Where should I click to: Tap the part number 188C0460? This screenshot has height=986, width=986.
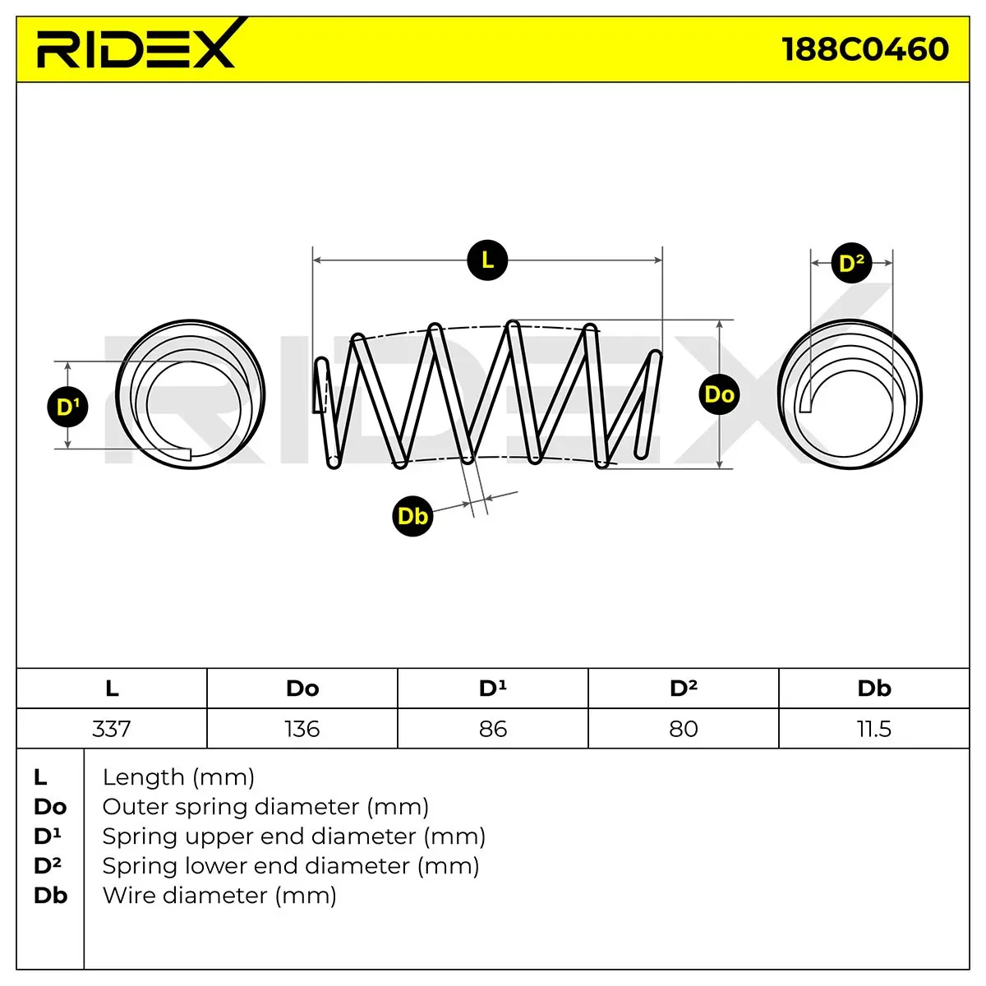click(x=865, y=49)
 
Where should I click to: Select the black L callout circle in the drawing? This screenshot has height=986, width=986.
click(x=487, y=260)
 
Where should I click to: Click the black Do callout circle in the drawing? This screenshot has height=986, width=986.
click(x=719, y=394)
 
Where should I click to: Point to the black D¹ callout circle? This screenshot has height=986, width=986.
click(x=67, y=407)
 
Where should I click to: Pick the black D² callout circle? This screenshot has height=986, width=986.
click(x=851, y=263)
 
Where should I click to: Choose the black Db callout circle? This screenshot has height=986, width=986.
click(x=412, y=516)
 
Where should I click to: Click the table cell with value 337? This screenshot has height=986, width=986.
click(x=112, y=729)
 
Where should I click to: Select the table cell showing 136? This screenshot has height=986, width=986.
click(x=302, y=729)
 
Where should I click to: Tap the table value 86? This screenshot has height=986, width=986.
click(x=493, y=729)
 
